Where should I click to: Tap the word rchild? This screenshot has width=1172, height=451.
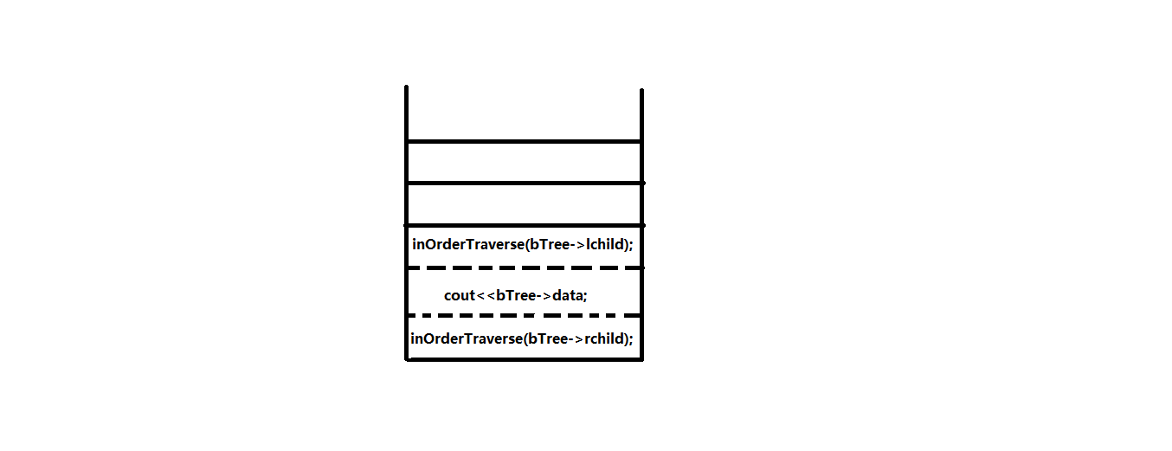604,338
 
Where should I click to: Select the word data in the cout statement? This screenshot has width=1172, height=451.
567,295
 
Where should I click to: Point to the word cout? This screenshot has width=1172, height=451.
460,295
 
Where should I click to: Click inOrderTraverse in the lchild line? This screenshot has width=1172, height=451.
467,244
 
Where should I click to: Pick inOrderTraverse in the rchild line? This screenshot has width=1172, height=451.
466,338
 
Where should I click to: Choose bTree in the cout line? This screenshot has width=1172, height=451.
514,295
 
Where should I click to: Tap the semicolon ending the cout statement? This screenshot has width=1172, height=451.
586,295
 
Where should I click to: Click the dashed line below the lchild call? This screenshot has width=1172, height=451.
524,268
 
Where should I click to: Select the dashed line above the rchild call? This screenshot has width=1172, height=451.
524,315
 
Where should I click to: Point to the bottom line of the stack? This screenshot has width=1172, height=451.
524,359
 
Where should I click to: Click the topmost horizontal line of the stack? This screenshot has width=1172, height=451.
524,140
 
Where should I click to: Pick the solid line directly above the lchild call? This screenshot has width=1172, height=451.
524,224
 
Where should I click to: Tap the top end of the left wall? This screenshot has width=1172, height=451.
406,88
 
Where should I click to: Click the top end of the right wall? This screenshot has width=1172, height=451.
641,91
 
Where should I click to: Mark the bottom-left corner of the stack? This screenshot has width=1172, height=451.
407,359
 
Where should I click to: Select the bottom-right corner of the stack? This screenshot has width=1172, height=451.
641,359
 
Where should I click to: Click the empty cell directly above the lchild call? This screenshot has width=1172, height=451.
524,203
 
